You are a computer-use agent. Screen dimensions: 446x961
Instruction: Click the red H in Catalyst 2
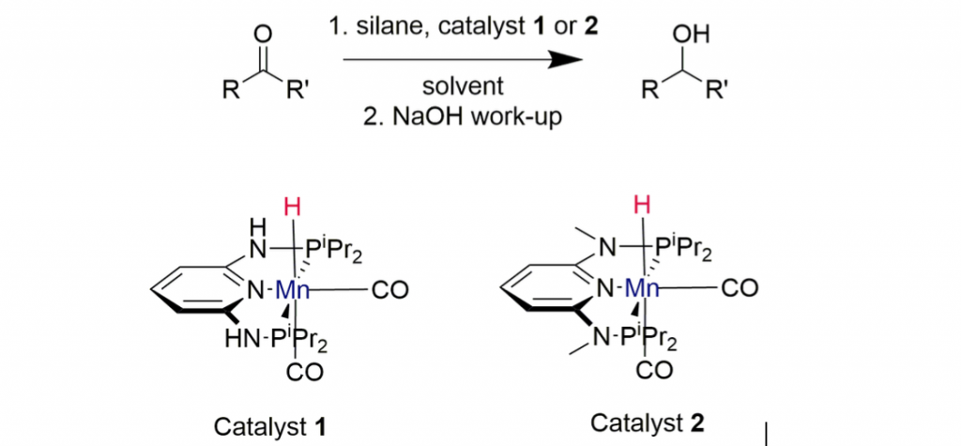(x=642, y=205)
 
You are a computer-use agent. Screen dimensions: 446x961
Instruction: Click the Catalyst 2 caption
(x=647, y=422)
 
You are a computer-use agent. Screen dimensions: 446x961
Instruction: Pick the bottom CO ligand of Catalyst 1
(x=305, y=373)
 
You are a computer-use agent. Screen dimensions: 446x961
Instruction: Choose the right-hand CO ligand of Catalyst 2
(x=738, y=289)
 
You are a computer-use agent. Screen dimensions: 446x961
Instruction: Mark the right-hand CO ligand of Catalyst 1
(x=389, y=292)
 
